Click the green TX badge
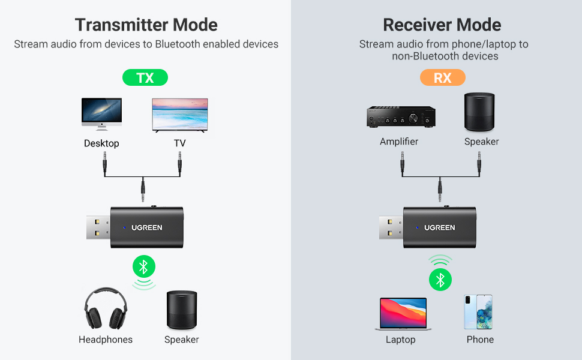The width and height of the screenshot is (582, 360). click(145, 78)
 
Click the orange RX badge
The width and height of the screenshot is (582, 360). click(442, 78)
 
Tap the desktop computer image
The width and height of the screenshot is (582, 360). click(101, 113)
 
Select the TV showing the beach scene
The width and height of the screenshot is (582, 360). click(180, 115)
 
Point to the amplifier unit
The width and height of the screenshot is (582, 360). click(400, 116)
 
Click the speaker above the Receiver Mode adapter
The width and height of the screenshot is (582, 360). click(481, 112)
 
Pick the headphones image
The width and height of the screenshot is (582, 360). click(106, 308)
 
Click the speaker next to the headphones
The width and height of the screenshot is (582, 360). click(181, 310)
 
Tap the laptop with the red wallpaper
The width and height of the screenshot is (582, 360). click(403, 313)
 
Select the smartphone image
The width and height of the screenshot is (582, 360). click(478, 311)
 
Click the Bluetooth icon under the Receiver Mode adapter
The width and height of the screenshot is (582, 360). click(440, 279)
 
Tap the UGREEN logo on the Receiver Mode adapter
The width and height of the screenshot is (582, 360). click(440, 228)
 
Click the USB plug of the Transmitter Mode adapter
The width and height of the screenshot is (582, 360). click(95, 229)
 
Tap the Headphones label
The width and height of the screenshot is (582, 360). click(106, 340)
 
